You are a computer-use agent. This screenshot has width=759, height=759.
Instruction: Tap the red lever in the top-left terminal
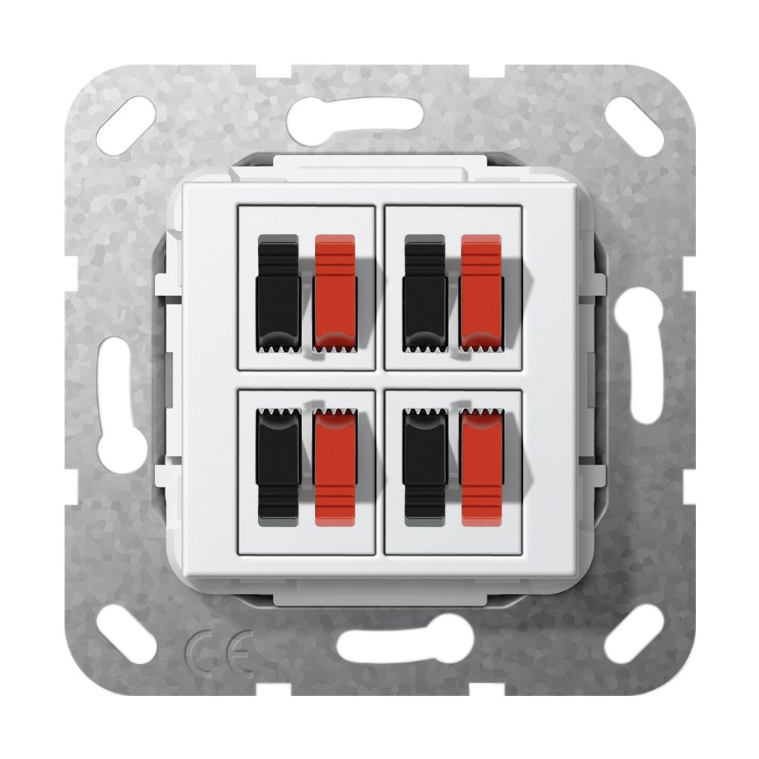tap(335, 293)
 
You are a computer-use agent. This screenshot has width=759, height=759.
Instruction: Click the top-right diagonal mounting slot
tap(634, 126)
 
